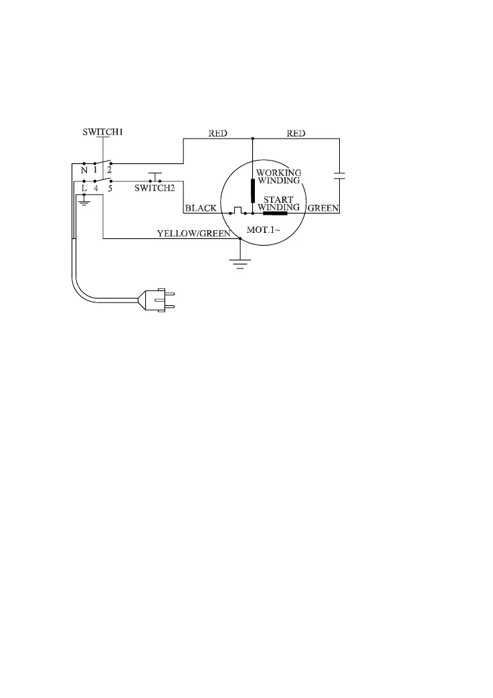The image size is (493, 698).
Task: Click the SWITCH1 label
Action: [102, 132]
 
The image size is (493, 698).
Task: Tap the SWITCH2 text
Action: [155, 189]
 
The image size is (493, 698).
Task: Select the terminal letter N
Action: [84, 170]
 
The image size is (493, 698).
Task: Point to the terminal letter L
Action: [84, 189]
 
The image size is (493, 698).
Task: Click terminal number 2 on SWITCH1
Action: [109, 170]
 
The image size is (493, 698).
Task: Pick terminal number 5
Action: [110, 189]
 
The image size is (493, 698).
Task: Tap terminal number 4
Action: [96, 189]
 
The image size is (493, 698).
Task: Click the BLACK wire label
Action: [200, 208]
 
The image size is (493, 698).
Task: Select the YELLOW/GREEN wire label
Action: [193, 234]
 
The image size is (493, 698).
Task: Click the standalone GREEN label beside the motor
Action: [323, 208]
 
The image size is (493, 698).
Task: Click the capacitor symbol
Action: [339, 176]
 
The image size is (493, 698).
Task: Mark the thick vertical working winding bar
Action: [253, 191]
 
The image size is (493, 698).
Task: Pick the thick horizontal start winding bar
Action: [275, 213]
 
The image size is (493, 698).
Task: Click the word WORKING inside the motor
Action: [279, 172]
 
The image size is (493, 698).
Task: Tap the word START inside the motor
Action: [278, 199]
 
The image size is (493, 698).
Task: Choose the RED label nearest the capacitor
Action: [296, 133]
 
